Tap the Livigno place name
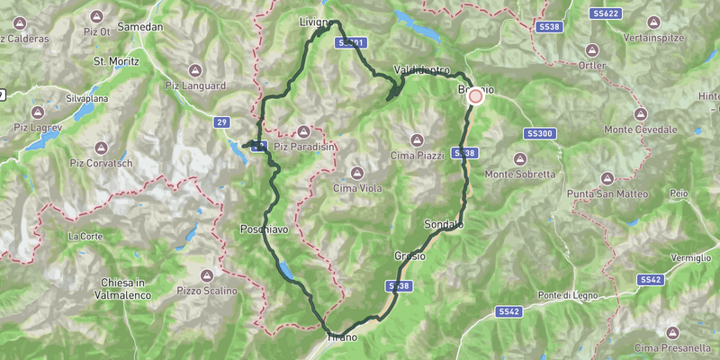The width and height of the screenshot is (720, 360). (x=318, y=20)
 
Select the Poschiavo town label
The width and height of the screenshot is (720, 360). (x=264, y=230)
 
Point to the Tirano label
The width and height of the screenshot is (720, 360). (x=342, y=337)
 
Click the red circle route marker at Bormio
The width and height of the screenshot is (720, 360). (x=475, y=95)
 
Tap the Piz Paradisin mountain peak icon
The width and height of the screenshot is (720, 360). (x=303, y=130)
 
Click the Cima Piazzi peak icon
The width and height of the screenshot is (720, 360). (x=417, y=139)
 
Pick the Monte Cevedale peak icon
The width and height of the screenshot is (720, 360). (x=642, y=114)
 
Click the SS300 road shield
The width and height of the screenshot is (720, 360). (x=540, y=133)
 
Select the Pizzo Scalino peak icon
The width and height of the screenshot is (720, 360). (x=207, y=275)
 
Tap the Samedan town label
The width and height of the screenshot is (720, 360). (x=140, y=27)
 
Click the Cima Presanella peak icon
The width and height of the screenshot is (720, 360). (x=671, y=332)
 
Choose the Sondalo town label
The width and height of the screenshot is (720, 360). (x=443, y=224)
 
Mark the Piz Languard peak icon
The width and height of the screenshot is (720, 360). (x=195, y=69)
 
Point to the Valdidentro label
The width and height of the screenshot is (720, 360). (x=420, y=69)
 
